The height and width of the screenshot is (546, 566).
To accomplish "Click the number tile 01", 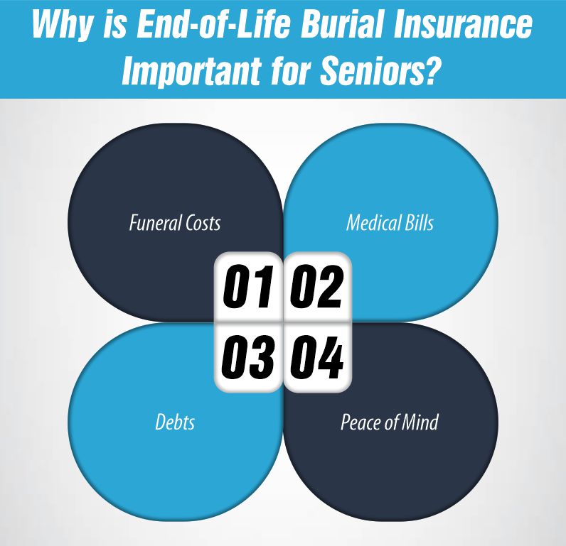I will [x=249, y=287].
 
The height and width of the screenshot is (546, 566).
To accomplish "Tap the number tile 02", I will [x=317, y=287].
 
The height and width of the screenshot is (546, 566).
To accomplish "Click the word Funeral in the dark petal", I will [x=151, y=223].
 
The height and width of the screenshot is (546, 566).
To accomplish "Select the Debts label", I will [x=175, y=422].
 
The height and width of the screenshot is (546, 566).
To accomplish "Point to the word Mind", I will [x=421, y=422].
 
